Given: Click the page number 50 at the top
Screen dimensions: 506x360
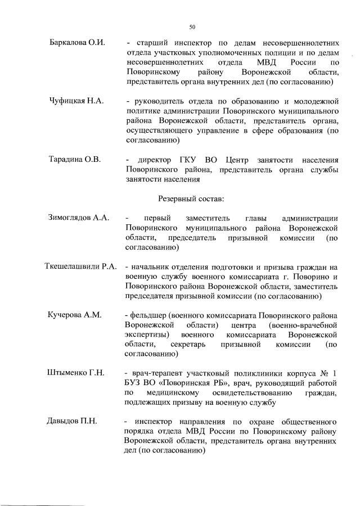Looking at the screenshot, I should [192, 26].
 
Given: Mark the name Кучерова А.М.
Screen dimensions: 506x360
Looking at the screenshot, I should [75, 314].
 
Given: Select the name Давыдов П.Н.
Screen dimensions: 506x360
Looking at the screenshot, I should [73, 421].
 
